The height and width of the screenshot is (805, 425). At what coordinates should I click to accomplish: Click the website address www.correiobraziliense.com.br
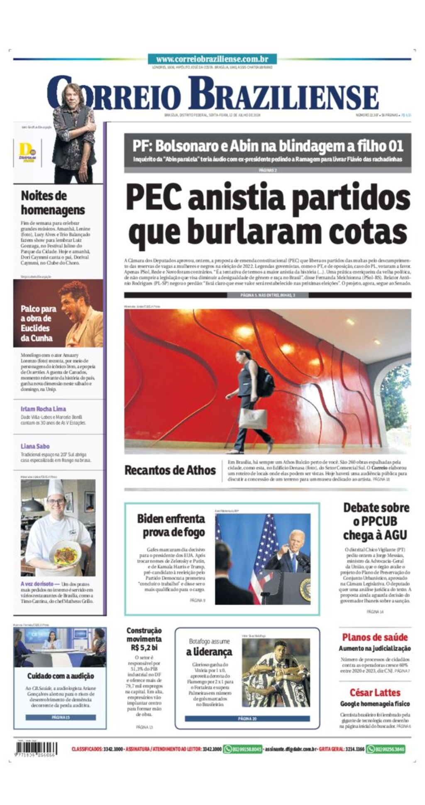(x=212, y=59)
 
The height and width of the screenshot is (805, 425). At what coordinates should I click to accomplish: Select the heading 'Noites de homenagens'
(x=53, y=203)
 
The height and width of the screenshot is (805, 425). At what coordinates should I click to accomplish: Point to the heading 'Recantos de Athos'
(x=170, y=470)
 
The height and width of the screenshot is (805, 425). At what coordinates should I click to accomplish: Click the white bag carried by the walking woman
(x=253, y=418)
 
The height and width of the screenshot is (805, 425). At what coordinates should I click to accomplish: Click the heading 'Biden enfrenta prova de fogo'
(x=171, y=525)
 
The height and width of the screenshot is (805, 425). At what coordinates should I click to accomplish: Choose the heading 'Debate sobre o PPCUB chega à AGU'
(x=375, y=521)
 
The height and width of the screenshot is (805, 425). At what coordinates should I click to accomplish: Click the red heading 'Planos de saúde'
(x=375, y=637)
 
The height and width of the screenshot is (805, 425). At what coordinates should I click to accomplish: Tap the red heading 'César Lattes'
(x=375, y=692)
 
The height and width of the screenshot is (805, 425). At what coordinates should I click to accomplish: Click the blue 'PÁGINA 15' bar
(x=61, y=717)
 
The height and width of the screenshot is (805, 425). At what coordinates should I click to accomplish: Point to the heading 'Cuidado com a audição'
(x=61, y=676)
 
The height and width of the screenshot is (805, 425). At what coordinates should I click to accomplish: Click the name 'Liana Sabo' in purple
(x=35, y=446)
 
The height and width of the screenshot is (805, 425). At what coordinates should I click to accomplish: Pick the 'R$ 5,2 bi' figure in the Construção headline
(x=144, y=647)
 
